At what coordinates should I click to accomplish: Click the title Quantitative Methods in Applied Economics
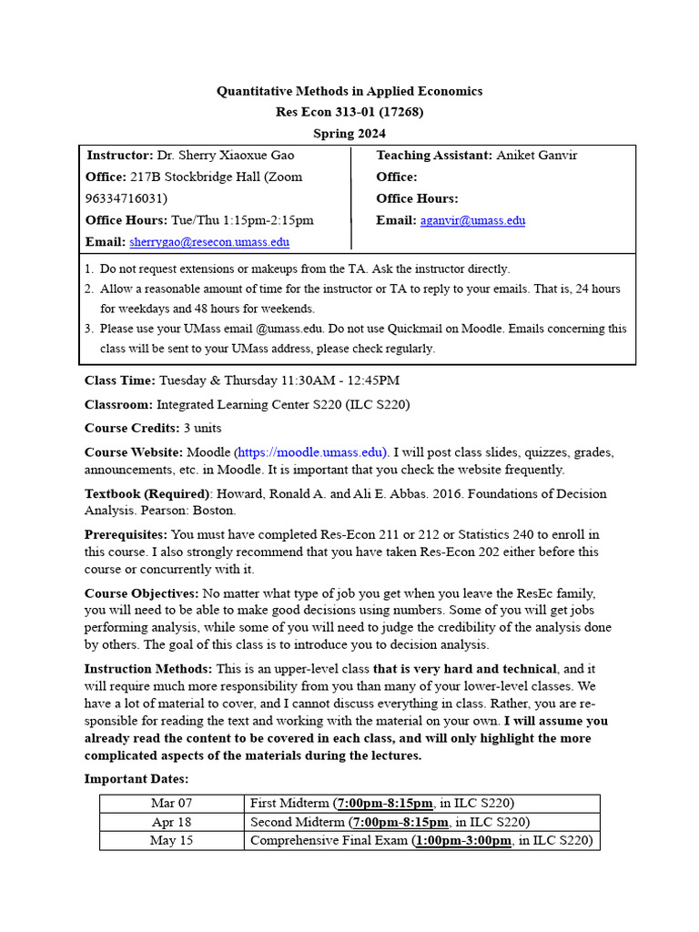point(349,91)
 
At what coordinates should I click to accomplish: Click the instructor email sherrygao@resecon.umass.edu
point(209,242)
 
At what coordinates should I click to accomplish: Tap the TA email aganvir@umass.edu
point(472,220)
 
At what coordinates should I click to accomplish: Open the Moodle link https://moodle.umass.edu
point(311,452)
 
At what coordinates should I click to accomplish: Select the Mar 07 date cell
point(172,804)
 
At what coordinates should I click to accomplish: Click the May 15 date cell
point(172,841)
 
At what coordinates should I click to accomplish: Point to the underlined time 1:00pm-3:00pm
point(463,841)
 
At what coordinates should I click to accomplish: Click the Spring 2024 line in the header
point(349,134)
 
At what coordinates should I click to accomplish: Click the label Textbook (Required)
point(147,494)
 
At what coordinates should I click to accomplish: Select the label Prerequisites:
point(126,535)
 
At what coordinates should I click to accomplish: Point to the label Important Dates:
point(137,779)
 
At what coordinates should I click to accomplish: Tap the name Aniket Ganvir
point(536,156)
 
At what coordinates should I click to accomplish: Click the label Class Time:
point(119,380)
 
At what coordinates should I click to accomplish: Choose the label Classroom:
point(118,404)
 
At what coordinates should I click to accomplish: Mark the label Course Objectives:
point(141,593)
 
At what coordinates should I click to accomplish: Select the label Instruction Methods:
point(148,670)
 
